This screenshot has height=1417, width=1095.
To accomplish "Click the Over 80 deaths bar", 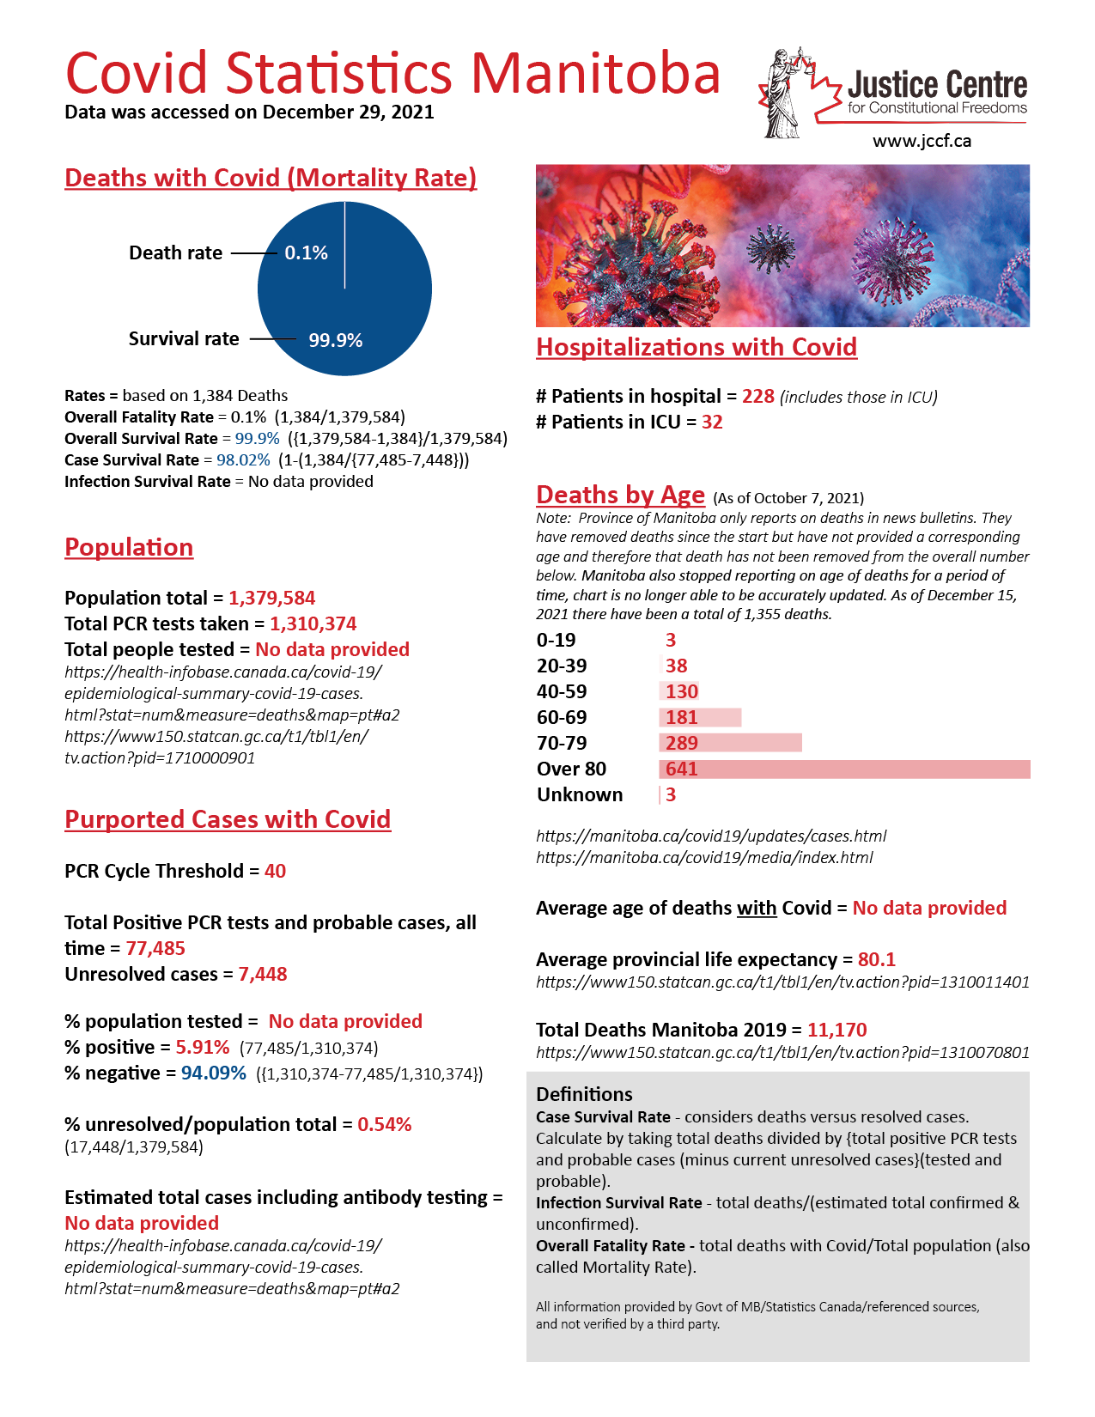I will tap(844, 769).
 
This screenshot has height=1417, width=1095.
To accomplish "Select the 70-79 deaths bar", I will tap(730, 744).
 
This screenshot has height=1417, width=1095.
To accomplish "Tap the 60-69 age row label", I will tap(562, 718).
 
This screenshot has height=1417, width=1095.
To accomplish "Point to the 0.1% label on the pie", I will tap(306, 253).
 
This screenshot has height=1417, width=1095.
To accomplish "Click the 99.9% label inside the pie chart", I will tap(335, 341).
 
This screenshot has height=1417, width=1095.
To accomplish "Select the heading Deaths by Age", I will tap(620, 496).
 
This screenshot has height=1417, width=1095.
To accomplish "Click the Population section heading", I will tap(129, 548).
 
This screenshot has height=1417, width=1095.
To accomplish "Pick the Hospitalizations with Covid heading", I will tap(697, 348).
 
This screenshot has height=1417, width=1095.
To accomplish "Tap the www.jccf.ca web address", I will tap(922, 142).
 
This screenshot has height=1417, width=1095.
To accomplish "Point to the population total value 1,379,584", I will tap(271, 599).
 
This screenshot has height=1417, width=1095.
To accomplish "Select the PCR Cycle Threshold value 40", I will tap(275, 872).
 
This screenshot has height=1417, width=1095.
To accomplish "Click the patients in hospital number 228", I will tap(758, 397).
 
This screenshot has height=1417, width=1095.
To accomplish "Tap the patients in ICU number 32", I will tap(712, 423).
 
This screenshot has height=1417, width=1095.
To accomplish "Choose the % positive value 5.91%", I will tap(203, 1048).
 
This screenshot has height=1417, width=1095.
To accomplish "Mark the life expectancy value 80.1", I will tap(876, 960).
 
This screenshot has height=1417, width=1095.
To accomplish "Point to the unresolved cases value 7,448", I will tap(263, 975).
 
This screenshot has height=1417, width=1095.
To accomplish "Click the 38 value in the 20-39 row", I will tap(677, 666).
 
